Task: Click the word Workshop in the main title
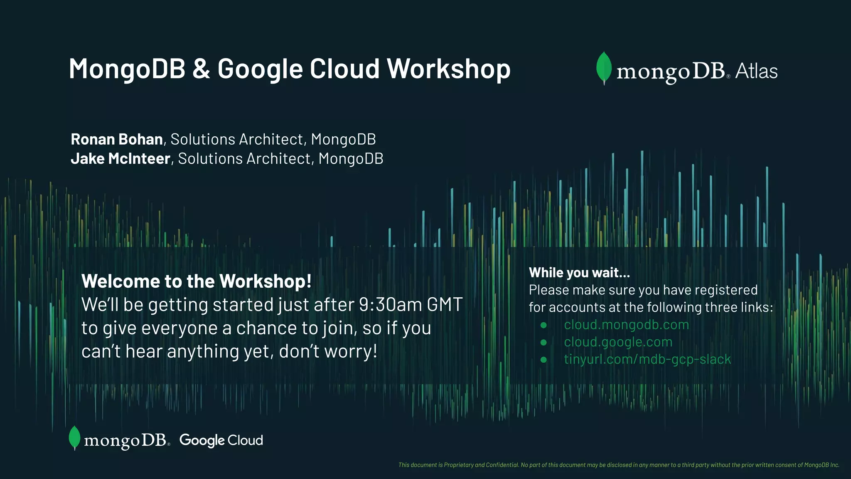click(x=448, y=69)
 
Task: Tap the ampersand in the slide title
click(x=201, y=69)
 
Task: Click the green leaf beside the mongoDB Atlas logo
click(x=604, y=68)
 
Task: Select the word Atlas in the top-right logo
click(x=756, y=71)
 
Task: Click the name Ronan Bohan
click(x=117, y=139)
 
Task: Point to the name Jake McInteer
click(x=121, y=159)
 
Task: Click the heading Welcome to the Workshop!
click(x=196, y=281)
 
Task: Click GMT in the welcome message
click(x=445, y=305)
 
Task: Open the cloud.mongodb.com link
click(x=626, y=325)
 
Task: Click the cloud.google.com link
click(x=618, y=342)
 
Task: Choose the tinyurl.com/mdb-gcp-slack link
click(x=647, y=359)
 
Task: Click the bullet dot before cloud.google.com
click(x=544, y=343)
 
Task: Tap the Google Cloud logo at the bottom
click(x=221, y=440)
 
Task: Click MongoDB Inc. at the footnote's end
click(x=821, y=465)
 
